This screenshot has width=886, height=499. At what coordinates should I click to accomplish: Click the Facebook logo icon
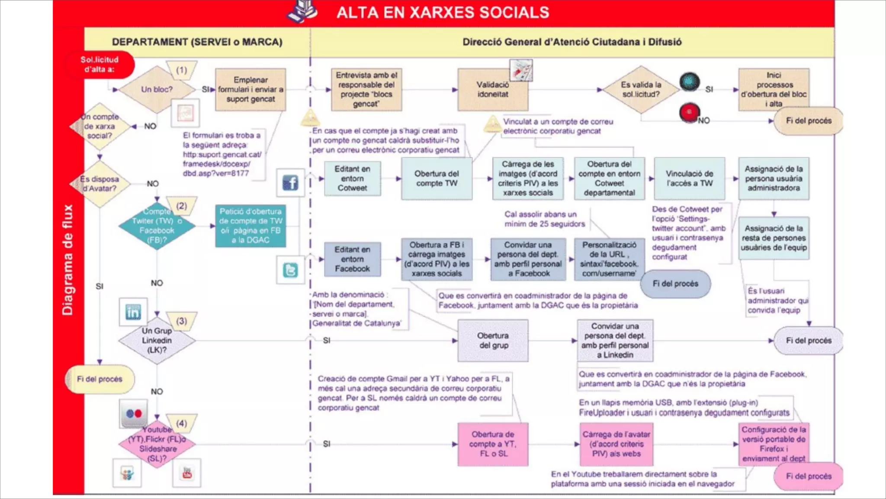pos(290,183)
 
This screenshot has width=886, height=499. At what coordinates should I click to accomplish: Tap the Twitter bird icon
pos(290,270)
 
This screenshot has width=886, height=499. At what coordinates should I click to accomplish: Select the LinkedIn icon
pos(133,312)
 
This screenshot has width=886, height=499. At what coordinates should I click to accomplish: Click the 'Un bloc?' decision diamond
pos(157,90)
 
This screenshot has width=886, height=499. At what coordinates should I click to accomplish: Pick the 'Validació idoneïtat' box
pos(492,90)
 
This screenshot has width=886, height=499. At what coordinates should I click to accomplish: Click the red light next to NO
pos(689,112)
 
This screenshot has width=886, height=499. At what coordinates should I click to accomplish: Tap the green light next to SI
pos(689,81)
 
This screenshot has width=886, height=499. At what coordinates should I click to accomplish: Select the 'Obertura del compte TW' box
pos(437,178)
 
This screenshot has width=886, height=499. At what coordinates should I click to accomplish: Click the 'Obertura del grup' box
pos(493,340)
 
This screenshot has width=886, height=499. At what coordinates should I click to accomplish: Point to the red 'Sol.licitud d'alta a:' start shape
pos(100,65)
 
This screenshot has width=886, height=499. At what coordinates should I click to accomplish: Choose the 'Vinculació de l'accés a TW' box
pos(689,178)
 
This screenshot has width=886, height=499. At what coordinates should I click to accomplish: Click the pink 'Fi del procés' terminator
pos(808,476)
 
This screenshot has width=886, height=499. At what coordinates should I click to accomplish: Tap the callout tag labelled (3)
pos(182,321)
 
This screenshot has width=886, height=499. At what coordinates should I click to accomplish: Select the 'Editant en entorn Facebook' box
pos(352,259)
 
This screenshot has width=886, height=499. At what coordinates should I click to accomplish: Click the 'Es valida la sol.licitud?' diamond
pos(641,90)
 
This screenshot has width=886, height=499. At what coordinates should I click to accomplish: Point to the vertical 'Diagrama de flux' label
pos(68,260)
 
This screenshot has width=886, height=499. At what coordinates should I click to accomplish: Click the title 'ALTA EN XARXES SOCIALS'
pos(443,13)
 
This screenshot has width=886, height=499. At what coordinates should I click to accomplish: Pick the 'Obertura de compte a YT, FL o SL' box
pos(493,444)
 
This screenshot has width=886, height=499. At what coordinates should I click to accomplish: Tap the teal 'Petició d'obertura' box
pos(250,226)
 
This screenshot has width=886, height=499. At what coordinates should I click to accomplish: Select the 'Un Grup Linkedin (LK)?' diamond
pos(157,340)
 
